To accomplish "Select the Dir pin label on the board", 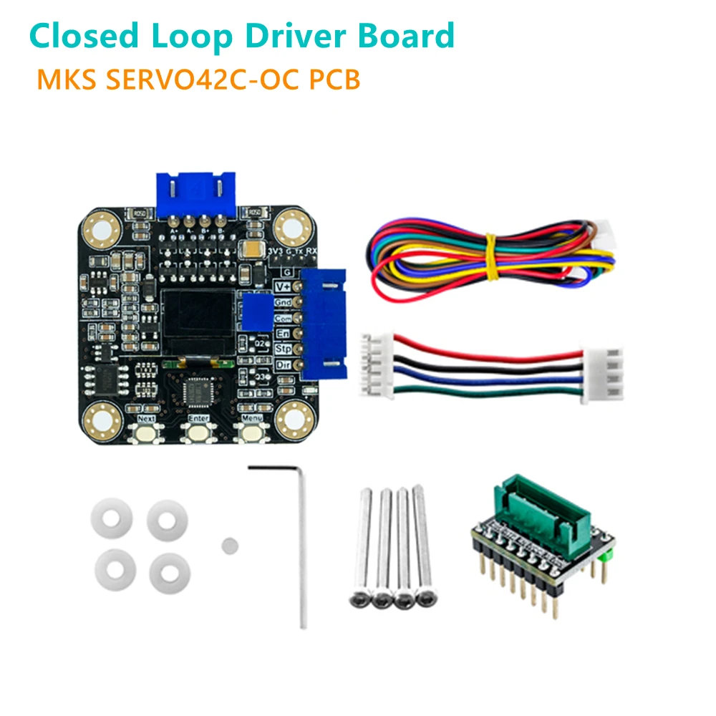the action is tap(284, 364).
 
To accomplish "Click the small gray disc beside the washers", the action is tap(229, 544).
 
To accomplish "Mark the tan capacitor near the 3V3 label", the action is tap(254, 248).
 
